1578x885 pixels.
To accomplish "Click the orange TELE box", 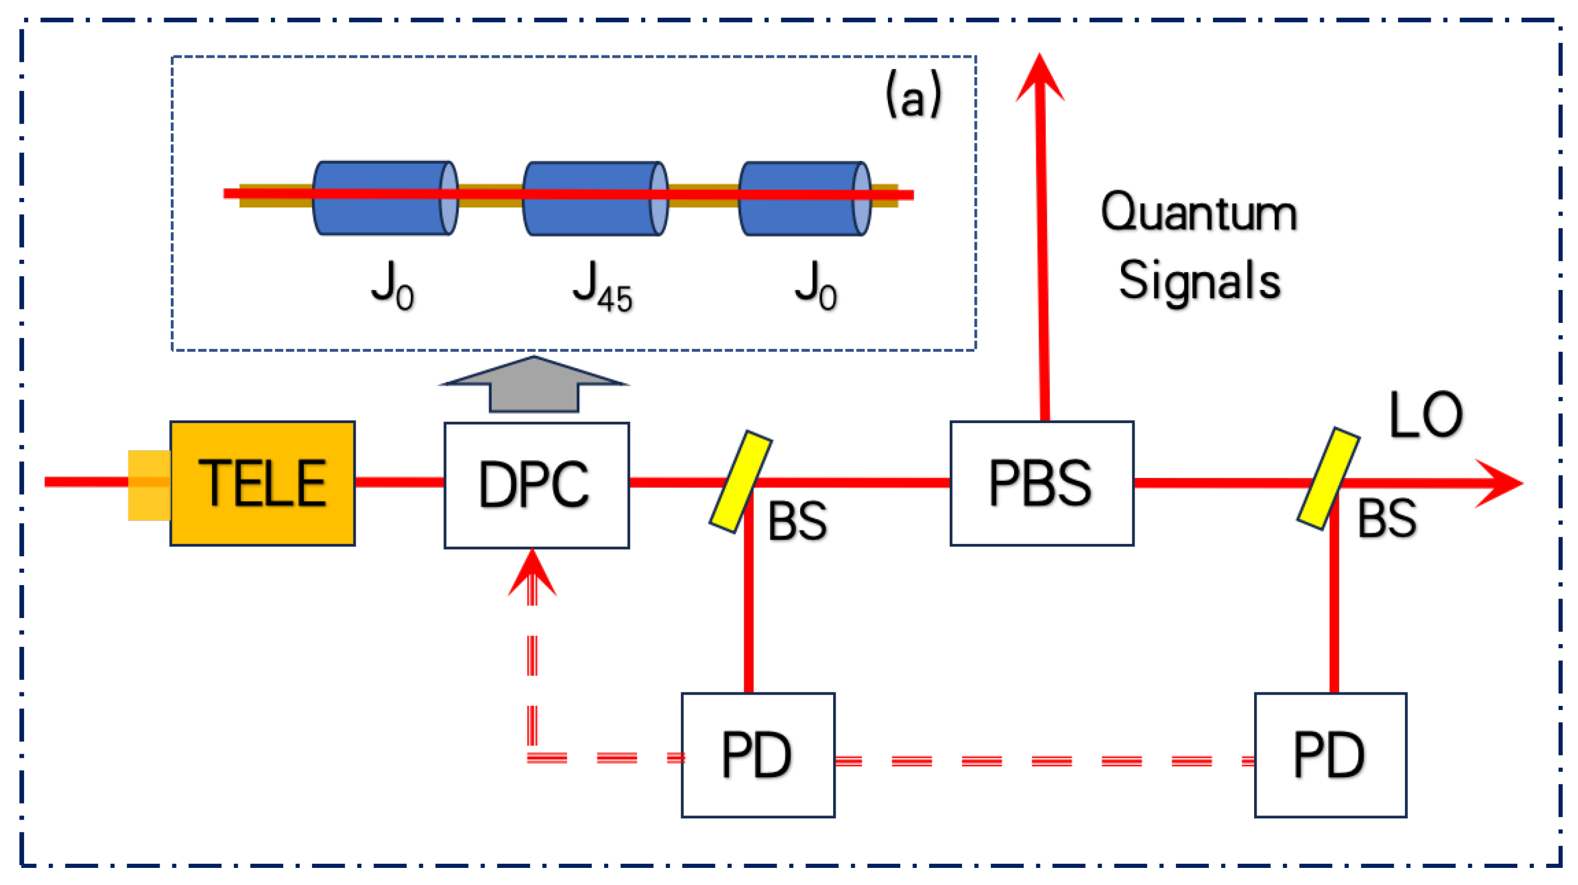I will tap(262, 484).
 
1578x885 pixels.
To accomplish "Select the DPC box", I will tap(536, 486).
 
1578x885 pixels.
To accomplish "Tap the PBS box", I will tap(1042, 484).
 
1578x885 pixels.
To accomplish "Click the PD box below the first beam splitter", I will tap(758, 755).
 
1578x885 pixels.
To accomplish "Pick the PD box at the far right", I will tap(1330, 755).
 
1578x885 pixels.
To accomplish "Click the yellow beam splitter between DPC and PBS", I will tap(740, 482).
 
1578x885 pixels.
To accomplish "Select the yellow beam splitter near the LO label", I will tap(1328, 478).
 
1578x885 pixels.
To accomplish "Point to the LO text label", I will tap(1425, 415).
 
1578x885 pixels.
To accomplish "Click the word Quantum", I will tap(1199, 213).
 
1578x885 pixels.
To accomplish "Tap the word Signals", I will tap(1199, 280).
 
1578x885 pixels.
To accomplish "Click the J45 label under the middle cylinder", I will tap(602, 287).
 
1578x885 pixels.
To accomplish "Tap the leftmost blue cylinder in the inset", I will tap(384, 198).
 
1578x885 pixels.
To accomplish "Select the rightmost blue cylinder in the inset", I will tap(804, 198).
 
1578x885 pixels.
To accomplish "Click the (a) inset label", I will tap(913, 95).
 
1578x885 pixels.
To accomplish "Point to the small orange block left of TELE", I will tap(149, 485).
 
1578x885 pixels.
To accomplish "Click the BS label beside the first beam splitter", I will tap(797, 521).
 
